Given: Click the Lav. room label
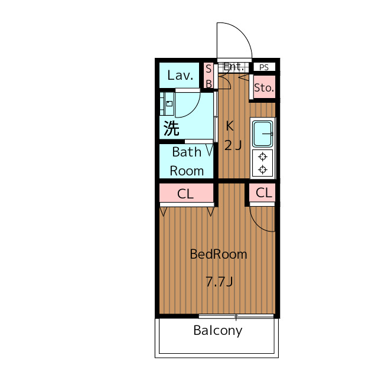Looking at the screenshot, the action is click(x=180, y=75).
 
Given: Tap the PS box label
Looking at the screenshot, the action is click(x=264, y=67).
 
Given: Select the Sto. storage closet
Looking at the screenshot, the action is click(x=265, y=87).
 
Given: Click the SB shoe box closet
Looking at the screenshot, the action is click(x=208, y=76).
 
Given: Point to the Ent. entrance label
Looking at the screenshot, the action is click(x=233, y=67).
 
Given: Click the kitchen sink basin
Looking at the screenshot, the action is click(x=263, y=133).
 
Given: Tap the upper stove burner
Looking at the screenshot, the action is click(x=262, y=157).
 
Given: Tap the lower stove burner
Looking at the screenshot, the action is click(x=262, y=170).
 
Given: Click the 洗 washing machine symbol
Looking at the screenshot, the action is click(x=171, y=128).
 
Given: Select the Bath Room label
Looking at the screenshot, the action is click(x=187, y=161).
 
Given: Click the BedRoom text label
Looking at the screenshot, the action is click(x=219, y=255).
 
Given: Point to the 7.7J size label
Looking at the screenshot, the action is click(x=219, y=282).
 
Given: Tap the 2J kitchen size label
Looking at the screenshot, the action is click(x=233, y=145).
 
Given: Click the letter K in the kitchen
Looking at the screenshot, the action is click(x=230, y=126).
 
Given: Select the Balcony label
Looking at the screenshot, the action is click(x=218, y=331).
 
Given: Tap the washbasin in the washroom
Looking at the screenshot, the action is click(x=167, y=104).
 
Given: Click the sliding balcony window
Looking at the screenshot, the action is click(x=236, y=316).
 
